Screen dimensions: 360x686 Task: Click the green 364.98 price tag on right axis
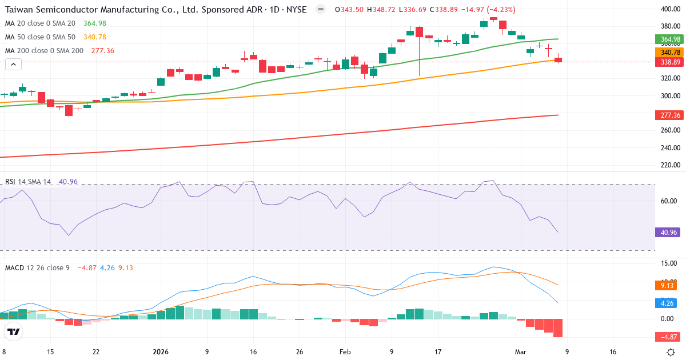pos(668,39)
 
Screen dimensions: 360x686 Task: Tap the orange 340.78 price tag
pos(668,52)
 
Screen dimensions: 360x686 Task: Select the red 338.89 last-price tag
pos(668,62)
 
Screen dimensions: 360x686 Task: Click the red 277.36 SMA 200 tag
pos(668,115)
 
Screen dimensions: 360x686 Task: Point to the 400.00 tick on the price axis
pos(669,9)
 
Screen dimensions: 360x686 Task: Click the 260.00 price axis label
pos(669,130)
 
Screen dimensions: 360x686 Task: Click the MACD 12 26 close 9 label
pos(37,267)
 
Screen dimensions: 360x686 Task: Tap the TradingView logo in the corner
pos(14,331)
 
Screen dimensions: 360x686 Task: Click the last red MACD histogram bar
pos(558,328)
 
